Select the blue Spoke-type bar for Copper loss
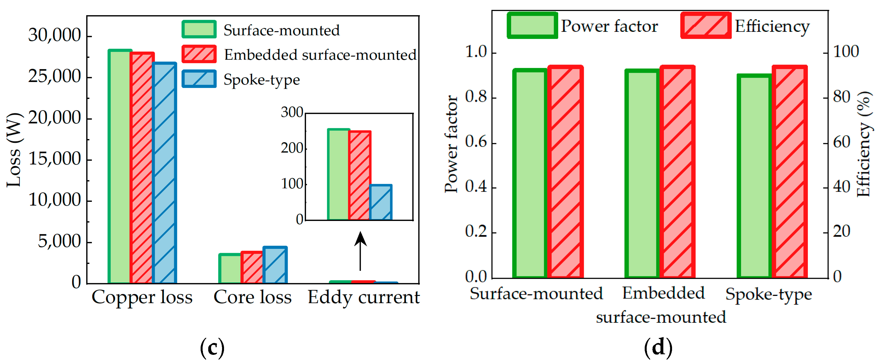tap(164, 172)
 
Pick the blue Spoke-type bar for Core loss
tap(275, 265)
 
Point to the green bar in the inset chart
tap(338, 174)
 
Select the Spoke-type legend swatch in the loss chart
tap(199, 79)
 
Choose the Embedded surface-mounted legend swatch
tap(199, 54)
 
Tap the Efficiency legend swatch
tap(705, 25)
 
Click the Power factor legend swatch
tap(532, 25)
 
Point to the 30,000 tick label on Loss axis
tap(55, 35)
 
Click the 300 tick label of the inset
tap(292, 112)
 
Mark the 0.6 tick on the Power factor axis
tap(476, 142)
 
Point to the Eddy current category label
tap(363, 297)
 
